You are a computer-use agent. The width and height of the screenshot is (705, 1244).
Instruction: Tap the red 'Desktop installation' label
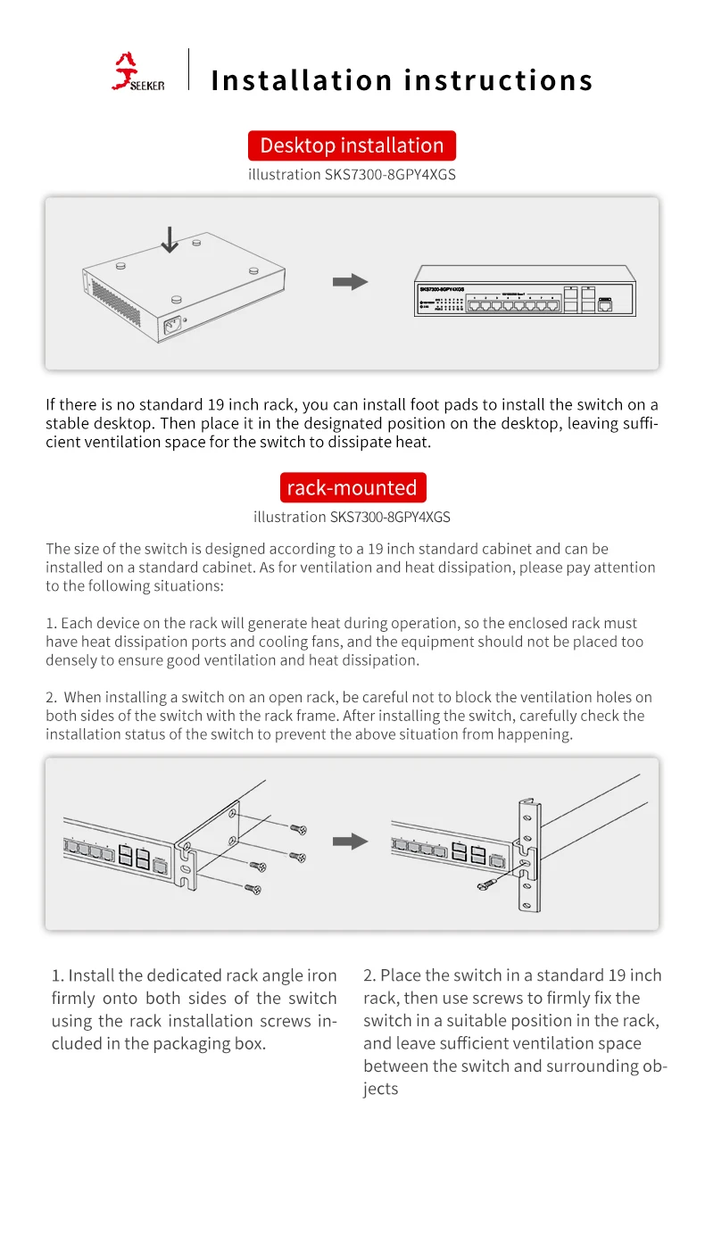tap(352, 145)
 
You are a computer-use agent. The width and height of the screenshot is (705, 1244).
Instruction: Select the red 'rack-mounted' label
tap(352, 488)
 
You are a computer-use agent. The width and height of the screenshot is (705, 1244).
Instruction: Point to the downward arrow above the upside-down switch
tap(169, 239)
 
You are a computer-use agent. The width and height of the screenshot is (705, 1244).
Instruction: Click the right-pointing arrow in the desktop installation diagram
tap(350, 282)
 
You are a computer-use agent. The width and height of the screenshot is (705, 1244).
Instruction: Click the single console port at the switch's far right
tap(606, 305)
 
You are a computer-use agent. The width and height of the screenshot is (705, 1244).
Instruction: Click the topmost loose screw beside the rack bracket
tap(299, 829)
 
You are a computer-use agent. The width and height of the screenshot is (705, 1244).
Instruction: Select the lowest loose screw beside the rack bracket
tap(253, 888)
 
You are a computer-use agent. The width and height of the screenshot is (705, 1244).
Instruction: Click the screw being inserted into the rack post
tap(489, 883)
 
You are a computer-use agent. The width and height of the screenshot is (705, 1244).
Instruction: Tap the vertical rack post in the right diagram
tap(528, 857)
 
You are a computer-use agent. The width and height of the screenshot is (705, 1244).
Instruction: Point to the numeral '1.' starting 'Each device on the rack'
tap(51, 624)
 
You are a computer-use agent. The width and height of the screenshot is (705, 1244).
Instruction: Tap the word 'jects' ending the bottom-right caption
tap(380, 1090)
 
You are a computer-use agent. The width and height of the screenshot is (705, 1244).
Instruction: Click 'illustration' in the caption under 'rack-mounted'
tap(289, 518)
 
